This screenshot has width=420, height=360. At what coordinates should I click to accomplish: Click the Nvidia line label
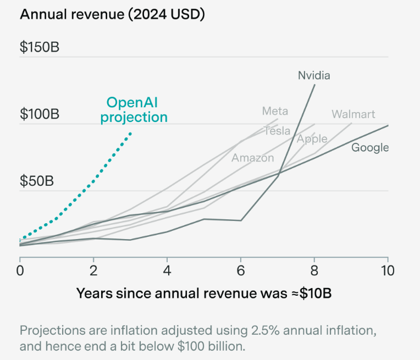point(314,75)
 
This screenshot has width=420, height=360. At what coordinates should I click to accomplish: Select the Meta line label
point(275,111)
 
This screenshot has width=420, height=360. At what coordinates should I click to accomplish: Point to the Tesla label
point(277,131)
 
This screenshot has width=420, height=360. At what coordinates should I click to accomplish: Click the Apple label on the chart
point(312,139)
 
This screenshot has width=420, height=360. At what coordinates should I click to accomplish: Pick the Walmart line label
point(353,114)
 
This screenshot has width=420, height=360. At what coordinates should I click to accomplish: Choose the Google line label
point(370,147)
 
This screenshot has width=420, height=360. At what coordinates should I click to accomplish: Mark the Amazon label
point(252,158)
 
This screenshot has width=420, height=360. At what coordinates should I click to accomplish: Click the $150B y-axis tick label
point(40,47)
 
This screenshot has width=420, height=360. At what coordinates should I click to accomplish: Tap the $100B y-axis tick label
point(40,114)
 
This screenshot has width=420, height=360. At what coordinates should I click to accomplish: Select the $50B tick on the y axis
point(36,181)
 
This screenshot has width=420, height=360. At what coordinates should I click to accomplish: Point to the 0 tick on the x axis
point(20,270)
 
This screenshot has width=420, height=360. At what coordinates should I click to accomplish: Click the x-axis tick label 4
point(167,270)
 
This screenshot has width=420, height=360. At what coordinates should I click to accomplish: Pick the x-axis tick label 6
point(241,270)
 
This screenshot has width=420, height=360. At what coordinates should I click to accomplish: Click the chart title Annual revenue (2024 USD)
point(112,15)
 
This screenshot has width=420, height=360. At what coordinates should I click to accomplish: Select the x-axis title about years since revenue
point(204,292)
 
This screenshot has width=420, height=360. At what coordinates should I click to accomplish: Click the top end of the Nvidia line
point(315,84)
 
